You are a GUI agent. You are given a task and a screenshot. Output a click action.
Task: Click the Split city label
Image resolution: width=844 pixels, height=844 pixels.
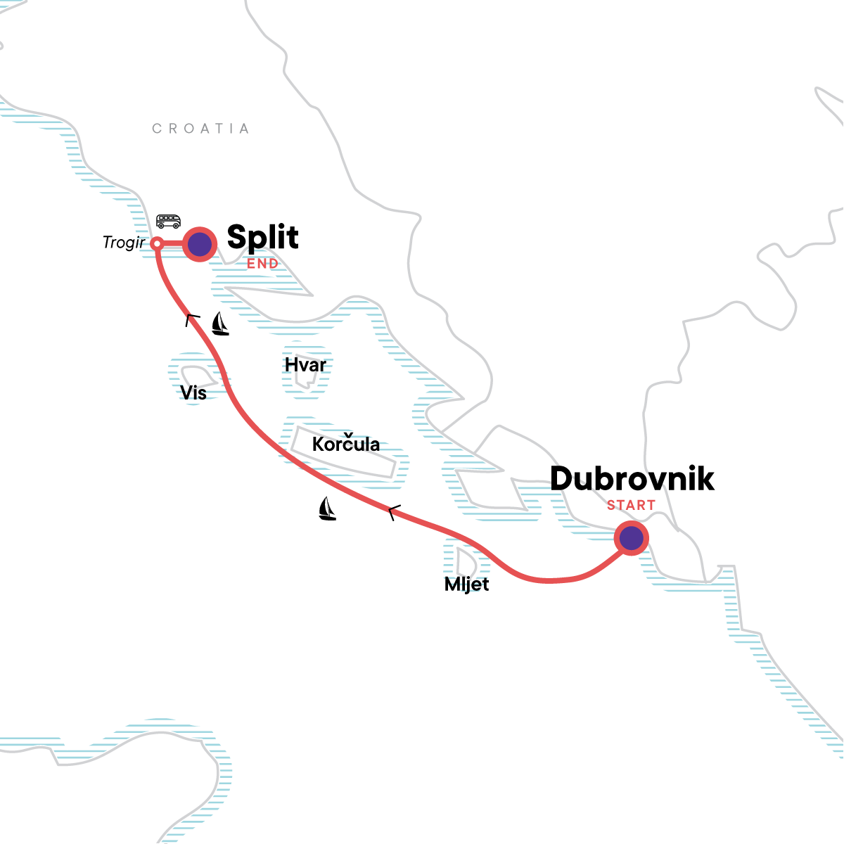(262, 238)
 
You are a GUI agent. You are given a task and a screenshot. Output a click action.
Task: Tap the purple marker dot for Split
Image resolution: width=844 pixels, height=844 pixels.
(200, 245)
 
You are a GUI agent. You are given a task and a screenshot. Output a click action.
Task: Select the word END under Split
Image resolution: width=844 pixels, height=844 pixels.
(262, 264)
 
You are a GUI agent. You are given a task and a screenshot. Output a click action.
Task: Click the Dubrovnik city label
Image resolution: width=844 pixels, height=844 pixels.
(632, 479)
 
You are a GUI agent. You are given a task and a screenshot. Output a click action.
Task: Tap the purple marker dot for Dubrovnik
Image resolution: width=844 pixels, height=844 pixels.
(631, 538)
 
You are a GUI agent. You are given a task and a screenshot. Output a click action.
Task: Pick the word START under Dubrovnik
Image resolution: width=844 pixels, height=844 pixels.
(631, 505)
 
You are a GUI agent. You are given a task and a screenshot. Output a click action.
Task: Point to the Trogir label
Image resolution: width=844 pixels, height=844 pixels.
(124, 243)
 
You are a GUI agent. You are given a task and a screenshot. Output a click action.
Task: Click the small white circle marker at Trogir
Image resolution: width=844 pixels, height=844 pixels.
(158, 244)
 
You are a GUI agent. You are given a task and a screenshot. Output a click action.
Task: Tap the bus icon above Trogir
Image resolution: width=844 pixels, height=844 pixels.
(168, 222)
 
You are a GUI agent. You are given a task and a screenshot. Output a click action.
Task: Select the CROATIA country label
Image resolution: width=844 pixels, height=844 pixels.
(200, 129)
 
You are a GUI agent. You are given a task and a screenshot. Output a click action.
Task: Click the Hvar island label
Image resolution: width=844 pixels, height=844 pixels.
(305, 365)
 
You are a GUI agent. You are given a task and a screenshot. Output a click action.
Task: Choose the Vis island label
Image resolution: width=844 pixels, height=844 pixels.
(193, 392)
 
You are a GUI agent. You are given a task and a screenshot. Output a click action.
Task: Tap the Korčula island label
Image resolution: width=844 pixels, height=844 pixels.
(346, 445)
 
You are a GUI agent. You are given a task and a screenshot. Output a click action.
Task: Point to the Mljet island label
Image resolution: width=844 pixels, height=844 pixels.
(466, 584)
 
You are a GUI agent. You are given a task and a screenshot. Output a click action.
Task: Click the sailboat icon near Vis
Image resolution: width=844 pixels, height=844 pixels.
(220, 324)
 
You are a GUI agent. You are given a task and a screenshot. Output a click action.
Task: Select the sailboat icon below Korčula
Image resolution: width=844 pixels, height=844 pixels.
(327, 509)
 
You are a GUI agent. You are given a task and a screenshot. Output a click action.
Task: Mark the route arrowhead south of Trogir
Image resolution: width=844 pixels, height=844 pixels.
(191, 319)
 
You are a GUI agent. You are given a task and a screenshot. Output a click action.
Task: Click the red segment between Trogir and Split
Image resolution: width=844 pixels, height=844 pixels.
(172, 244)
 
